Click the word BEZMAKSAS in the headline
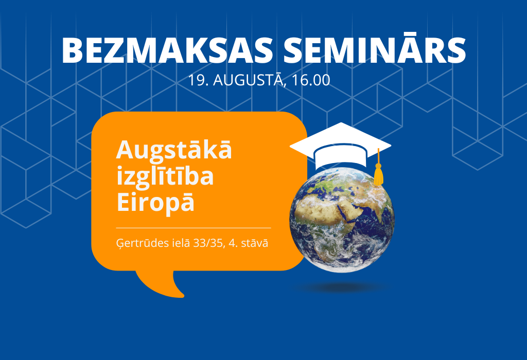167,50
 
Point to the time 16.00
311,80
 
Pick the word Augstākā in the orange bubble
174,150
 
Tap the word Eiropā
155,202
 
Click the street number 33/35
209,243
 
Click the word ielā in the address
181,242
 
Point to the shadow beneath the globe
342,287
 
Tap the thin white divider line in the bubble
194,228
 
